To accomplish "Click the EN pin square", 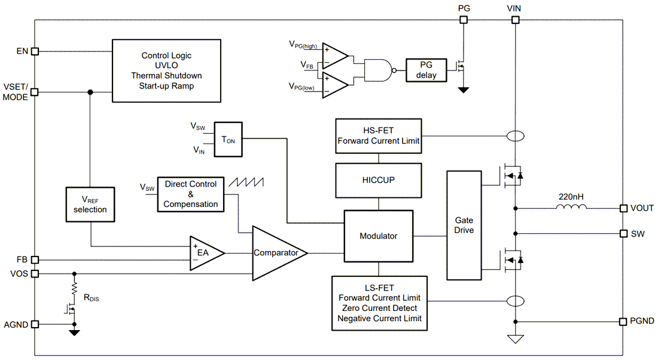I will pyautogui.click(x=35, y=51).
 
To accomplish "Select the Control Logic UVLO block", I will pyautogui.click(x=166, y=71).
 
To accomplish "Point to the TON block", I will pyautogui.click(x=228, y=141).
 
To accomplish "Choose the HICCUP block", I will pyautogui.click(x=378, y=180).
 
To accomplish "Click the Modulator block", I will pyautogui.click(x=378, y=236).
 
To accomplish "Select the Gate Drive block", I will pyautogui.click(x=464, y=225).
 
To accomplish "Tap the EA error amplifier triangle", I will pyautogui.click(x=205, y=252).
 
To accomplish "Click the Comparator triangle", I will pyautogui.click(x=277, y=252).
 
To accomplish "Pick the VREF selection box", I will pyautogui.click(x=90, y=205).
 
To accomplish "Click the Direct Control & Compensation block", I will pyautogui.click(x=190, y=194).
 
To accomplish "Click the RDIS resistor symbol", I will pyautogui.click(x=74, y=289).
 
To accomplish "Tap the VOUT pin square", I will pyautogui.click(x=623, y=208).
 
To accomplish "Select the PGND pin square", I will pyautogui.click(x=623, y=321).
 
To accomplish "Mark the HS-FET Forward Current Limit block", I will pyautogui.click(x=378, y=136).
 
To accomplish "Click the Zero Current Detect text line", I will pyautogui.click(x=379, y=308).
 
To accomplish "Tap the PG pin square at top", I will pyautogui.click(x=463, y=20).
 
